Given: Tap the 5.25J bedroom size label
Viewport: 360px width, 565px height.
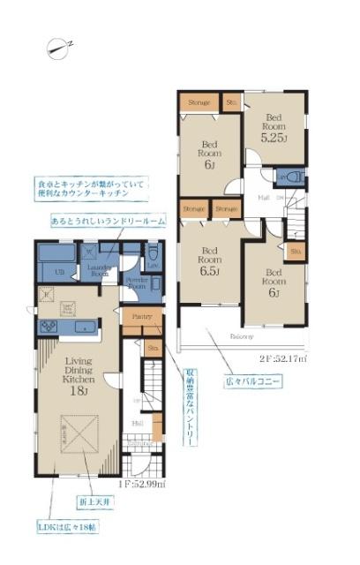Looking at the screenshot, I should tap(272, 138).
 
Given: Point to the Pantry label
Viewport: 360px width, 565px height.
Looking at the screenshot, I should tap(142, 316).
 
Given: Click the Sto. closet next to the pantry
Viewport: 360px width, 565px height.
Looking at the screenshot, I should tap(153, 349).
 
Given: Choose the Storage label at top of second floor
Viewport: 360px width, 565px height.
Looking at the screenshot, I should tap(199, 103).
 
